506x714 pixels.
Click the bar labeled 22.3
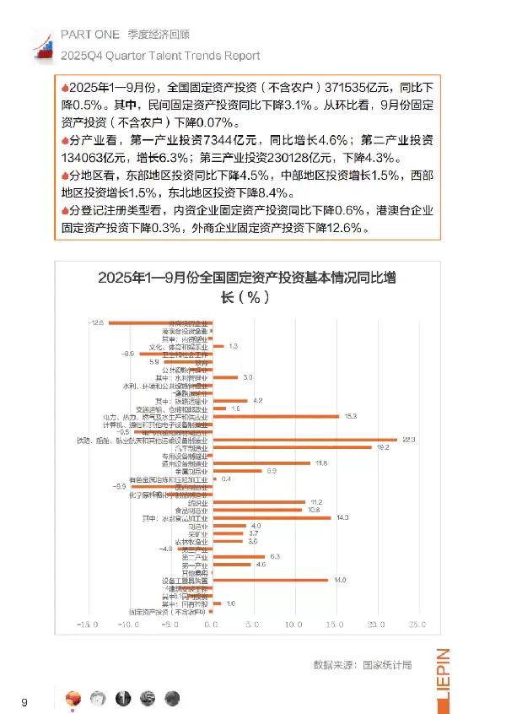click(306, 440)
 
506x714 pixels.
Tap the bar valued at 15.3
click(277, 416)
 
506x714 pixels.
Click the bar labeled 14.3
click(272, 517)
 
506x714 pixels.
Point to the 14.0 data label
click(341, 580)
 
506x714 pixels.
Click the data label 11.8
click(321, 463)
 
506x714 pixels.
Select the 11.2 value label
click(317, 502)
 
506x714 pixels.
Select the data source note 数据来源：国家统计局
click(362, 665)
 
